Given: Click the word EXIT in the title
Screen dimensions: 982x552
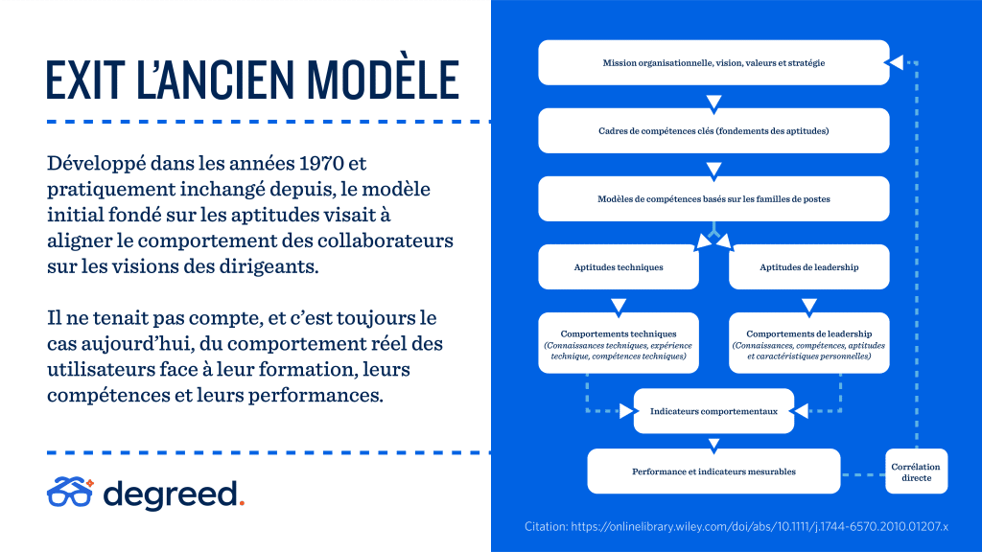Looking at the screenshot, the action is (85, 80).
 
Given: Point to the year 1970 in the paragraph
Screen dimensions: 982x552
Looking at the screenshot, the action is (321, 163).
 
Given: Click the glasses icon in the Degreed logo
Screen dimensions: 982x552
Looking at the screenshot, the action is (70, 492).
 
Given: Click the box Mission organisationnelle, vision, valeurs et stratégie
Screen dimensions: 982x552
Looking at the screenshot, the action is (713, 62).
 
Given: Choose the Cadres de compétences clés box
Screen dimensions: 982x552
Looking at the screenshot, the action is (713, 130).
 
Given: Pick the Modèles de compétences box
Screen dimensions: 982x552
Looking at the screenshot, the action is (713, 199).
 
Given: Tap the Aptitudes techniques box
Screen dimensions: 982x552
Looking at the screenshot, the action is (619, 267).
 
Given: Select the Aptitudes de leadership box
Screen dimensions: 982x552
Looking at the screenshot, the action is (808, 267).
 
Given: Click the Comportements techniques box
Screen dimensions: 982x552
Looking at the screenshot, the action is (619, 343).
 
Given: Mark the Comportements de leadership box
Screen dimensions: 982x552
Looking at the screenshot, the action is (808, 343).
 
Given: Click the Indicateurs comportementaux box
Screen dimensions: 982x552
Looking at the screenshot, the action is (713, 411).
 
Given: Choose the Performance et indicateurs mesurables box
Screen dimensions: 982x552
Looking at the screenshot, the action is (713, 471).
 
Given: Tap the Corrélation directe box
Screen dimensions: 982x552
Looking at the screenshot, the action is (916, 471).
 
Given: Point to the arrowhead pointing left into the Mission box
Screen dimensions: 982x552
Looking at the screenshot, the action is (895, 62).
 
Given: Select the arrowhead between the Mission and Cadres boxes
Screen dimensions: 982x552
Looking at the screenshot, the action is (713, 102).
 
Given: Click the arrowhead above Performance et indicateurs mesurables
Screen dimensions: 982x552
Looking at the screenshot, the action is (713, 445).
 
